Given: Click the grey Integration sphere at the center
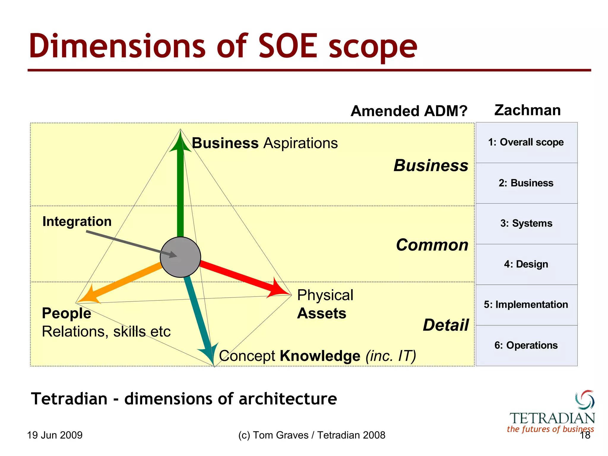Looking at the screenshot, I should coord(180,257).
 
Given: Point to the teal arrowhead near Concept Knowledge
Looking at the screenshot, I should coord(210,353).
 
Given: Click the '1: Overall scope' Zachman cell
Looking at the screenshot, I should coord(526,142).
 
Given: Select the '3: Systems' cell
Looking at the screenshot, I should coord(526,224).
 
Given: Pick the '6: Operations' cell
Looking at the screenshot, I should coord(526,346).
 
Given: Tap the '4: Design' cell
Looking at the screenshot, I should coord(526,264).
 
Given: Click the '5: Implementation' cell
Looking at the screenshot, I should coord(526,305).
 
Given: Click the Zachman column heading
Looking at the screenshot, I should coord(527,110).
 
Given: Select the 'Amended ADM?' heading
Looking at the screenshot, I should coord(409,111).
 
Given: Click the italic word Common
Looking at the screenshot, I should coord(432,245).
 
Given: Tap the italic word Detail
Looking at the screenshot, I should coord(446,325).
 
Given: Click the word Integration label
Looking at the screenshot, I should coord(77,221).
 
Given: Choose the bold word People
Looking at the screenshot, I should coord(66,313).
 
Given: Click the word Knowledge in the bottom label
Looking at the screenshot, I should coord(320,356).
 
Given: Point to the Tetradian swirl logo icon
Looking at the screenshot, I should coord(585,400).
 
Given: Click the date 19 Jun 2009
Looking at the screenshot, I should coord(55,435).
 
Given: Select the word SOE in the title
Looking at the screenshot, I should coord(288,46).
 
